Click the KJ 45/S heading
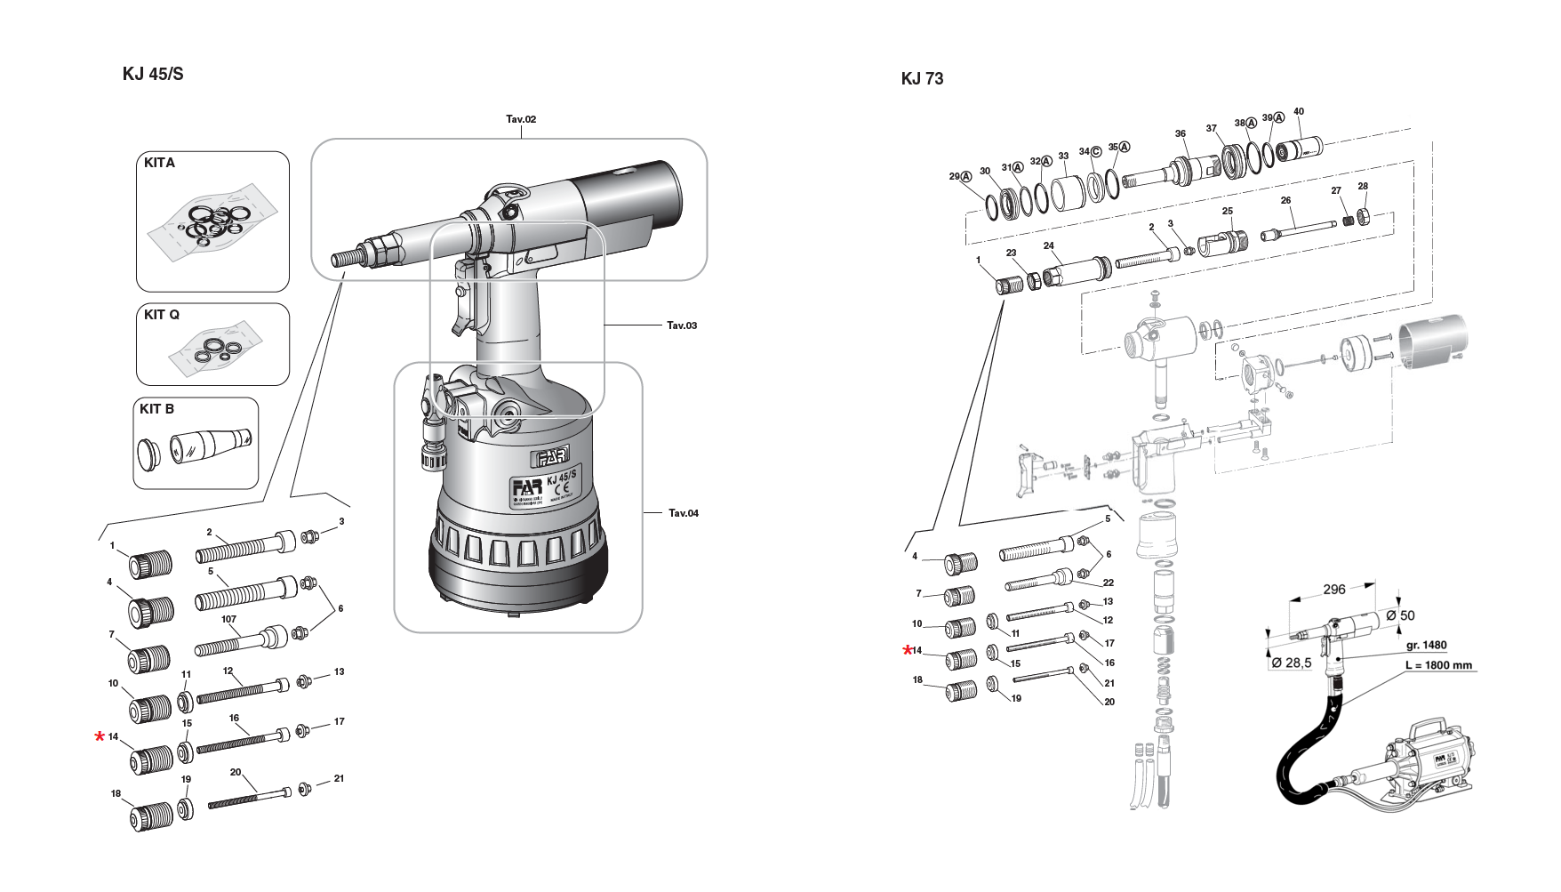[152, 74]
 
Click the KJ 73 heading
[922, 78]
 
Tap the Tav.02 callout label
[521, 119]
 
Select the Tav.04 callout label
[683, 513]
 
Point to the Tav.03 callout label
[682, 325]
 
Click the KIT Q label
[162, 315]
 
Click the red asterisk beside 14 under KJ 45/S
[100, 737]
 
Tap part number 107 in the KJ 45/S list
[228, 619]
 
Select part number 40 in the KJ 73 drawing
[1298, 112]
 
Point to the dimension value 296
[1333, 589]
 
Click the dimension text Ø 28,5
[1292, 663]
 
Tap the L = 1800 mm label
[1438, 665]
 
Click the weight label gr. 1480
[1427, 646]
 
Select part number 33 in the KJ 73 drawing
[1062, 157]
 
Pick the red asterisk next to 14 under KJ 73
[907, 651]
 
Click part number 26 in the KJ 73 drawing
[1285, 201]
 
